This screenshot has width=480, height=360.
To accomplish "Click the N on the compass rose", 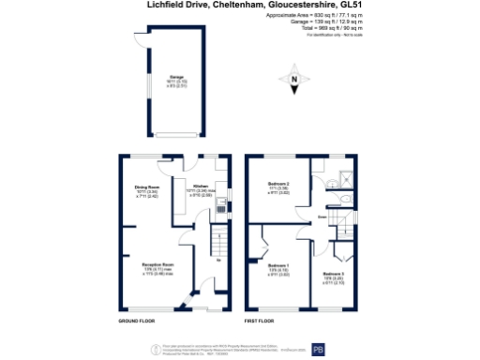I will (293, 82).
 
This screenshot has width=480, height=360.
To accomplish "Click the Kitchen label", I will (201, 186).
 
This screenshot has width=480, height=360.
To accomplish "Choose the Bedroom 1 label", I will (277, 265).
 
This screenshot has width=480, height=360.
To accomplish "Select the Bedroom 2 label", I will (278, 184).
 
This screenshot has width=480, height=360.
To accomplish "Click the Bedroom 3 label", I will (335, 273).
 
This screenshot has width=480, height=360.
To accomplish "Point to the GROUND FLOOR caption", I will (136, 322).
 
